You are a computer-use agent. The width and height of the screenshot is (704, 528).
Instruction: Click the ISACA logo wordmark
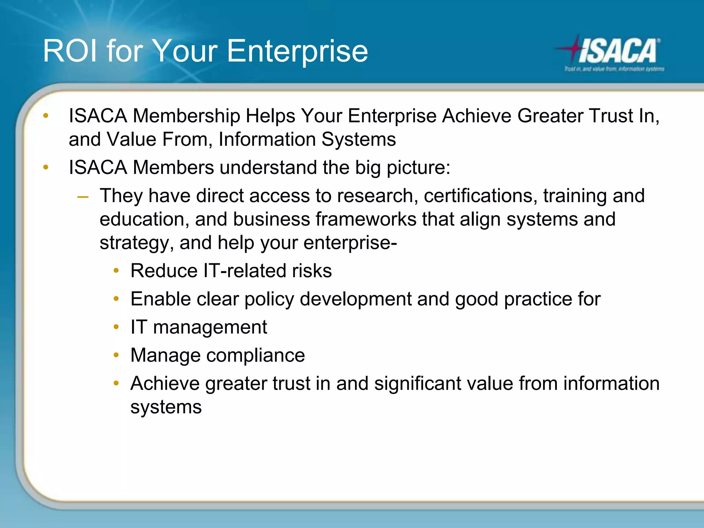(x=619, y=51)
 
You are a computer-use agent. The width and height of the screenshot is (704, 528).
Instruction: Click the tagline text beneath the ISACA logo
(x=614, y=69)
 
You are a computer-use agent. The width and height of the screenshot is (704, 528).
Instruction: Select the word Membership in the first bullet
(x=186, y=116)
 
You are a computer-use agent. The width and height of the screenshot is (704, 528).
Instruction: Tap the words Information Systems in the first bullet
(x=307, y=140)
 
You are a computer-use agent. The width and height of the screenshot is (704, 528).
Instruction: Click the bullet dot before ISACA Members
(x=46, y=167)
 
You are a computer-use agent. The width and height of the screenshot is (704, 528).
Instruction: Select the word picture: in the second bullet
(x=418, y=168)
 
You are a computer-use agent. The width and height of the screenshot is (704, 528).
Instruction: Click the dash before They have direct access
(x=83, y=197)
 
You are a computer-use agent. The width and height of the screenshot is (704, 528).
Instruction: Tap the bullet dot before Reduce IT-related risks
(x=116, y=271)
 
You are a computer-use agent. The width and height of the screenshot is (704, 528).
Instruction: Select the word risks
(x=311, y=271)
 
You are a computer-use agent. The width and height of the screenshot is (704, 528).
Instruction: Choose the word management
(x=210, y=327)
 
